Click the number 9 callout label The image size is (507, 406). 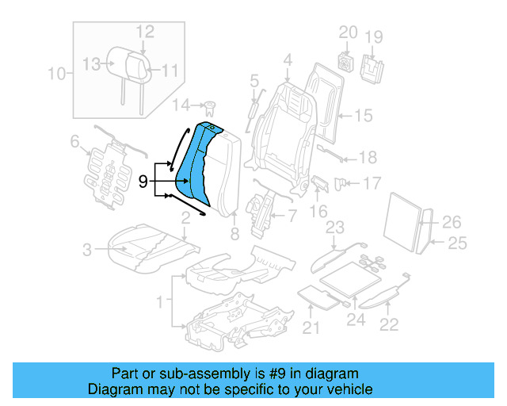pos(143,182)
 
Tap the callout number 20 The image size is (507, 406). pos(348,33)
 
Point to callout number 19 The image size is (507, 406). pos(373,36)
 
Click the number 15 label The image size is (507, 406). pos(362,117)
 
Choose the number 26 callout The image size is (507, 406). pos(451,222)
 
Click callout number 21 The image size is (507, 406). pos(311,329)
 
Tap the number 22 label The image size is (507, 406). pos(388,323)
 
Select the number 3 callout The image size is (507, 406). pos(87,251)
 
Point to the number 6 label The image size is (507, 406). pos(75,142)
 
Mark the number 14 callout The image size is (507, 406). pos(181,105)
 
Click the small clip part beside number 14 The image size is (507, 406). pos(211,105)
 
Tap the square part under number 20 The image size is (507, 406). pos(345,62)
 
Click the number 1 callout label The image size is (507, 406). pos(161,302)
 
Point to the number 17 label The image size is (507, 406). pos(372,184)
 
